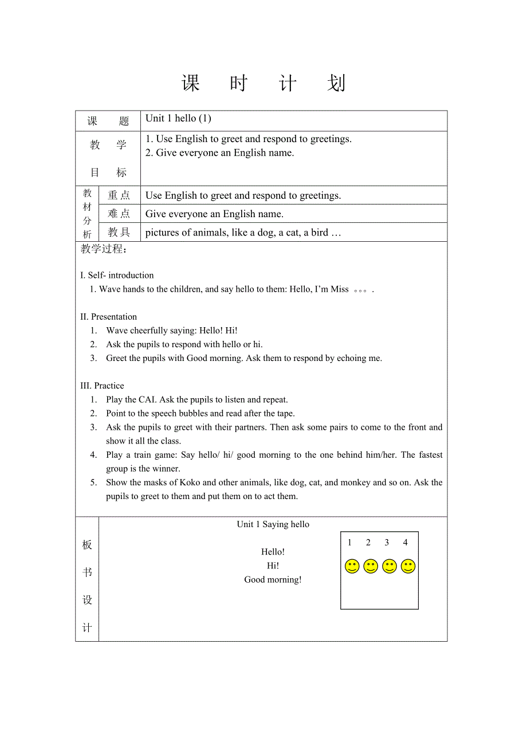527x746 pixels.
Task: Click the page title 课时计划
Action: (x=263, y=84)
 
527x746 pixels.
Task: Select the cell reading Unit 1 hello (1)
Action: (x=178, y=119)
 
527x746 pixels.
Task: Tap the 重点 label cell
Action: (x=119, y=195)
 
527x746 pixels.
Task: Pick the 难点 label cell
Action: (x=119, y=214)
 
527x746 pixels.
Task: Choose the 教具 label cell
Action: (x=119, y=232)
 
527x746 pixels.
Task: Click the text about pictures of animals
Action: (x=243, y=233)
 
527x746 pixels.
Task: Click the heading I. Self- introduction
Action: (x=117, y=275)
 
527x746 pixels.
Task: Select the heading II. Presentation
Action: (x=109, y=317)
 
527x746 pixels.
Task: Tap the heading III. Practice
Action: (x=103, y=386)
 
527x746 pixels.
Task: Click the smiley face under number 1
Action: (x=352, y=567)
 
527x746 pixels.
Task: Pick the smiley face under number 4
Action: (x=408, y=567)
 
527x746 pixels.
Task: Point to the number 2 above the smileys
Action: (x=368, y=543)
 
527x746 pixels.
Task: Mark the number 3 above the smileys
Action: (x=387, y=543)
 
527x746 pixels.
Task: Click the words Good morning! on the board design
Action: (x=273, y=580)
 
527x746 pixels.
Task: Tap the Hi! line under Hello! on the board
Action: (x=273, y=566)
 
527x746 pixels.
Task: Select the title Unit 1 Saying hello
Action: (x=273, y=524)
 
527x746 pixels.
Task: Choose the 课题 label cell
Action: (x=108, y=121)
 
